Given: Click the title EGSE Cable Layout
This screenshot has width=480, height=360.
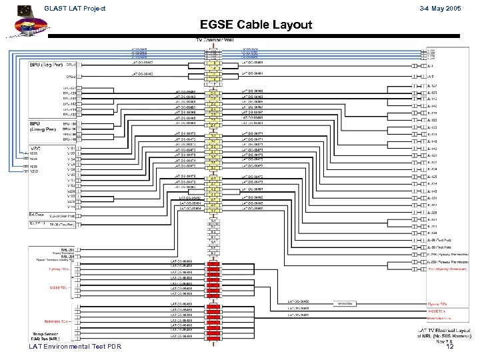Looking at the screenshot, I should pyautogui.click(x=256, y=26).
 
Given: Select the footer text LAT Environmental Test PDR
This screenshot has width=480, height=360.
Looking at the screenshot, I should pyautogui.click(x=75, y=347).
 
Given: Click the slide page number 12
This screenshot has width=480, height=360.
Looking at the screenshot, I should pyautogui.click(x=450, y=347).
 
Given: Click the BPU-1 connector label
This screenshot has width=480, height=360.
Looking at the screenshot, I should pyautogui.click(x=72, y=65).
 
